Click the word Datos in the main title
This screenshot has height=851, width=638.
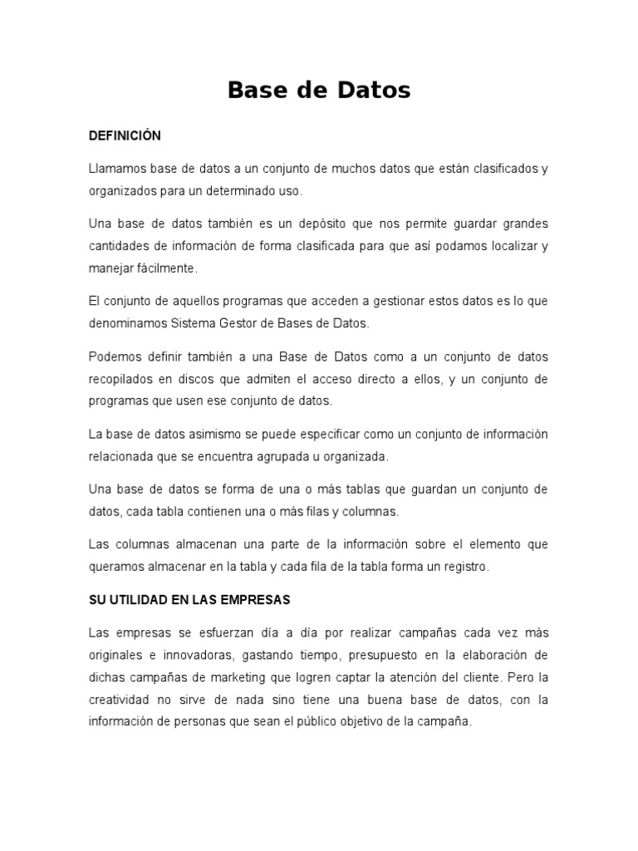click(368, 91)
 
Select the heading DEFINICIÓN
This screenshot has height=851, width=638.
click(125, 135)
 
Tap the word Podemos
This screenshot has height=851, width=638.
click(115, 357)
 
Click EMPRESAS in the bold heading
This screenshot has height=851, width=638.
click(253, 599)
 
